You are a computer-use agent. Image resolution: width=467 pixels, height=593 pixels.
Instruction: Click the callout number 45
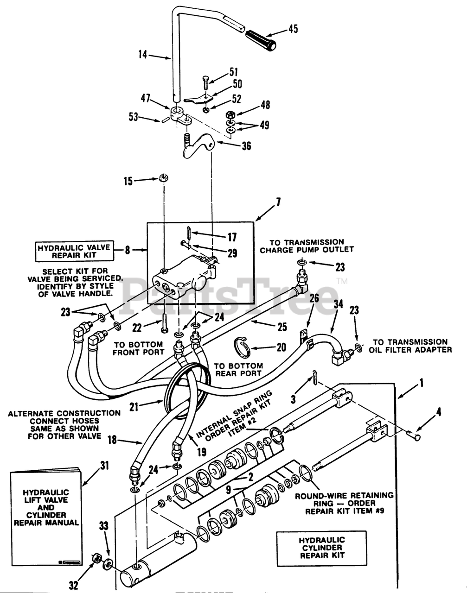coord(293,29)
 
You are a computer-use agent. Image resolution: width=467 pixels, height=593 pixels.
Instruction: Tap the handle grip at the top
coord(260,38)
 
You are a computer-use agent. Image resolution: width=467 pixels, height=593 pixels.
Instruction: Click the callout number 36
coord(246,146)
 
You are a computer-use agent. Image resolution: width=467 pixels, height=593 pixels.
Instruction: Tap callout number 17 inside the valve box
coord(232,237)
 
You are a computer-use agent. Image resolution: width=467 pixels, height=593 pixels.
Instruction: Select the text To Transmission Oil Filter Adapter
coord(410,346)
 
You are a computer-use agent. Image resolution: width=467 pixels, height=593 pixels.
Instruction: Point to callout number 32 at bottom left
coord(73,586)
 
